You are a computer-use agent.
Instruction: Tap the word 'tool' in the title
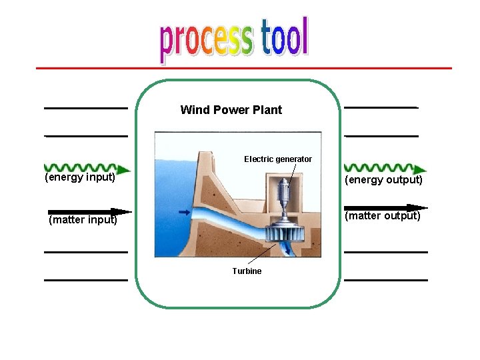(285, 37)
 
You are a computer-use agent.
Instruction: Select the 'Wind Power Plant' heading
(231, 110)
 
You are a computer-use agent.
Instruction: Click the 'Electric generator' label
(277, 159)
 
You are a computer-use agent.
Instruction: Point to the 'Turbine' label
(247, 271)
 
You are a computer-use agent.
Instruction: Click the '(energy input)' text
(80, 177)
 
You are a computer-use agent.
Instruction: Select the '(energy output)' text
(383, 180)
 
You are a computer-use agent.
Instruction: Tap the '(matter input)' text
(83, 220)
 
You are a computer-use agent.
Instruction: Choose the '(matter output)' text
(382, 216)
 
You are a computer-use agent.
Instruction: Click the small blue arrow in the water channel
(184, 212)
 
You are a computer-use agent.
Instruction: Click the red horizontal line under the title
(243, 68)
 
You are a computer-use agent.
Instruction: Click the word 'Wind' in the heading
(194, 110)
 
